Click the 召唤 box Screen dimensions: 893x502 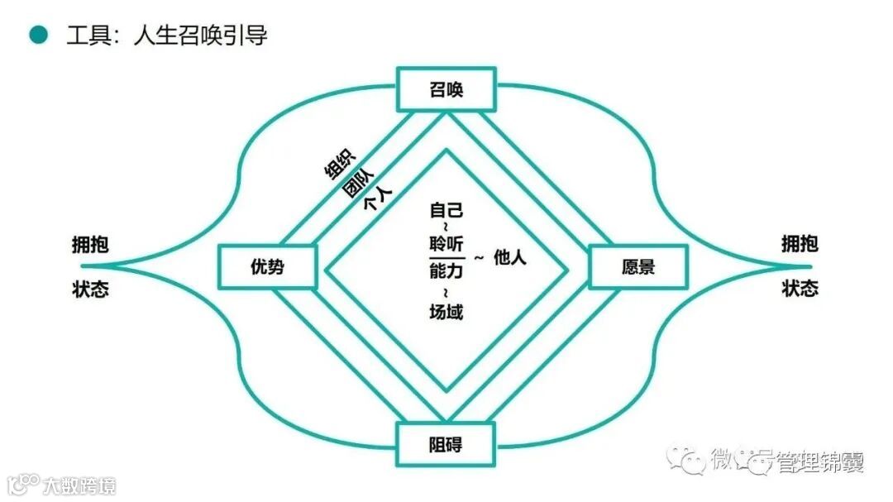[446, 89]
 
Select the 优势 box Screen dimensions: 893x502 [267, 267]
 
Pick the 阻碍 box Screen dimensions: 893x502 [446, 445]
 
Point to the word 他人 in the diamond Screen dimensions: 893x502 [510, 257]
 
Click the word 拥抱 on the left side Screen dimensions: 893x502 [90, 245]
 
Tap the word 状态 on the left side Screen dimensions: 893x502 [90, 289]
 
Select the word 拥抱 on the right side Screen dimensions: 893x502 [800, 244]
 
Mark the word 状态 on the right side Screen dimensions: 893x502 [800, 289]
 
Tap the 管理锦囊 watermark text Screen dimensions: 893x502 [819, 463]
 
